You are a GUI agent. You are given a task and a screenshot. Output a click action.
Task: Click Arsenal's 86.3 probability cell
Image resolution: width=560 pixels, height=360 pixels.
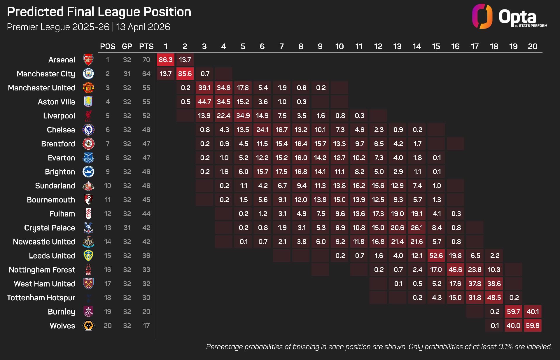[166, 60]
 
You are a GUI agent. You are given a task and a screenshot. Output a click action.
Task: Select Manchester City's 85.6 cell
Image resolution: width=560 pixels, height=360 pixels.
[185, 74]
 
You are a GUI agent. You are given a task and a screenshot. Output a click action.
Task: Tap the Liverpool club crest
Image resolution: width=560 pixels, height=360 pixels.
[88, 116]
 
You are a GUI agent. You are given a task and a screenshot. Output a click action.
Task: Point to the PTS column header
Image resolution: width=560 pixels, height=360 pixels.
[146, 46]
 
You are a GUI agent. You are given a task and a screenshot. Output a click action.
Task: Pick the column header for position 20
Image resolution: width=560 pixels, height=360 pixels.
[533, 46]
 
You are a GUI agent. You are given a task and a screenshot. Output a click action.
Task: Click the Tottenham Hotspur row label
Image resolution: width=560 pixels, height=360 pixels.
[41, 298]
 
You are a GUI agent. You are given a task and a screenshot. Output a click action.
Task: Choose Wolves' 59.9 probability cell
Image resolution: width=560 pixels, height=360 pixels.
[533, 326]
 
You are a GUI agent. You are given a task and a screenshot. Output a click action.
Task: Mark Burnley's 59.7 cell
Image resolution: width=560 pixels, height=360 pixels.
[513, 312]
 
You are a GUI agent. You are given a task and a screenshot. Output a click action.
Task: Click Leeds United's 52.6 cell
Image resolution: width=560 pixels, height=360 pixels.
[436, 256]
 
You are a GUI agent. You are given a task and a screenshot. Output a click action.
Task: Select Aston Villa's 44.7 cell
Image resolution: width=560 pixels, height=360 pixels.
[204, 102]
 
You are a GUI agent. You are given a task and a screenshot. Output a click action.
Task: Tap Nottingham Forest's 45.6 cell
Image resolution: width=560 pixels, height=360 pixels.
[455, 270]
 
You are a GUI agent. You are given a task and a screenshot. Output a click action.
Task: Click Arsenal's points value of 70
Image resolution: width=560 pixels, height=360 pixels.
[146, 60]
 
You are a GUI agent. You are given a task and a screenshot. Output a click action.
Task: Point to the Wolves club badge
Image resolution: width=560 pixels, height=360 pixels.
[88, 326]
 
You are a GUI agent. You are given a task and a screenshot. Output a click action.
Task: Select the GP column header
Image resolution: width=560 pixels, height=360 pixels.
[127, 46]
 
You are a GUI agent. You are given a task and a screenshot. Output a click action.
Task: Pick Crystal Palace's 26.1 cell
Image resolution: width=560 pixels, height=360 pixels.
[417, 228]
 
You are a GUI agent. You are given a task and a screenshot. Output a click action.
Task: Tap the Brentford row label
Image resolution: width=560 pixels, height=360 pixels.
[58, 144]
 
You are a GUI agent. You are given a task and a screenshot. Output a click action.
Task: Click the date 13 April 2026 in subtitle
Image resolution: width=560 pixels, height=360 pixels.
[143, 27]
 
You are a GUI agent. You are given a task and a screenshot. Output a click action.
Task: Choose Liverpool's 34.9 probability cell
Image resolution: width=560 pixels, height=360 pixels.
[243, 116]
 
